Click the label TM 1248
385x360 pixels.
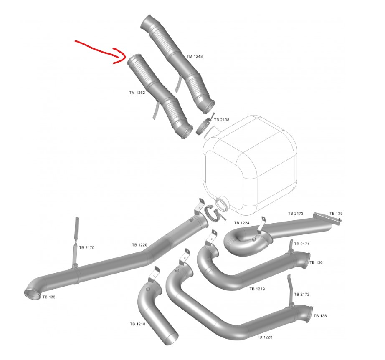195,56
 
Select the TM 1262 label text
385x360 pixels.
137,93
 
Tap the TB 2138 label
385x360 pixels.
221,120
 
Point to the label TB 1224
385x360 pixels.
242,223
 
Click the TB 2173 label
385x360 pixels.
296,213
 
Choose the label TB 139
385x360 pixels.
336,213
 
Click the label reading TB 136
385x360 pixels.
316,262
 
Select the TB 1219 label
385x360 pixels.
257,289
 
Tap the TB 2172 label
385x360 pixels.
302,294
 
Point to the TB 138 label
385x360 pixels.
320,316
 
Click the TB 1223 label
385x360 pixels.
265,337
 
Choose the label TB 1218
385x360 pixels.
137,324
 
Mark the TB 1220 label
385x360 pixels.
139,245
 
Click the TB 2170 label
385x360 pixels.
87,247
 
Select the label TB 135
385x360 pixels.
49,297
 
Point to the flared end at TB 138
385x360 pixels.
309,314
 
